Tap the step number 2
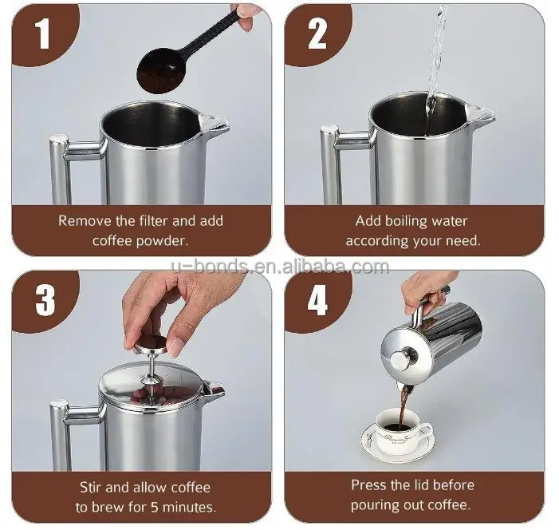317,34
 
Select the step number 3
45,299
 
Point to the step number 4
317,301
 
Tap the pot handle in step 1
62,168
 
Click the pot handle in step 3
62,435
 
